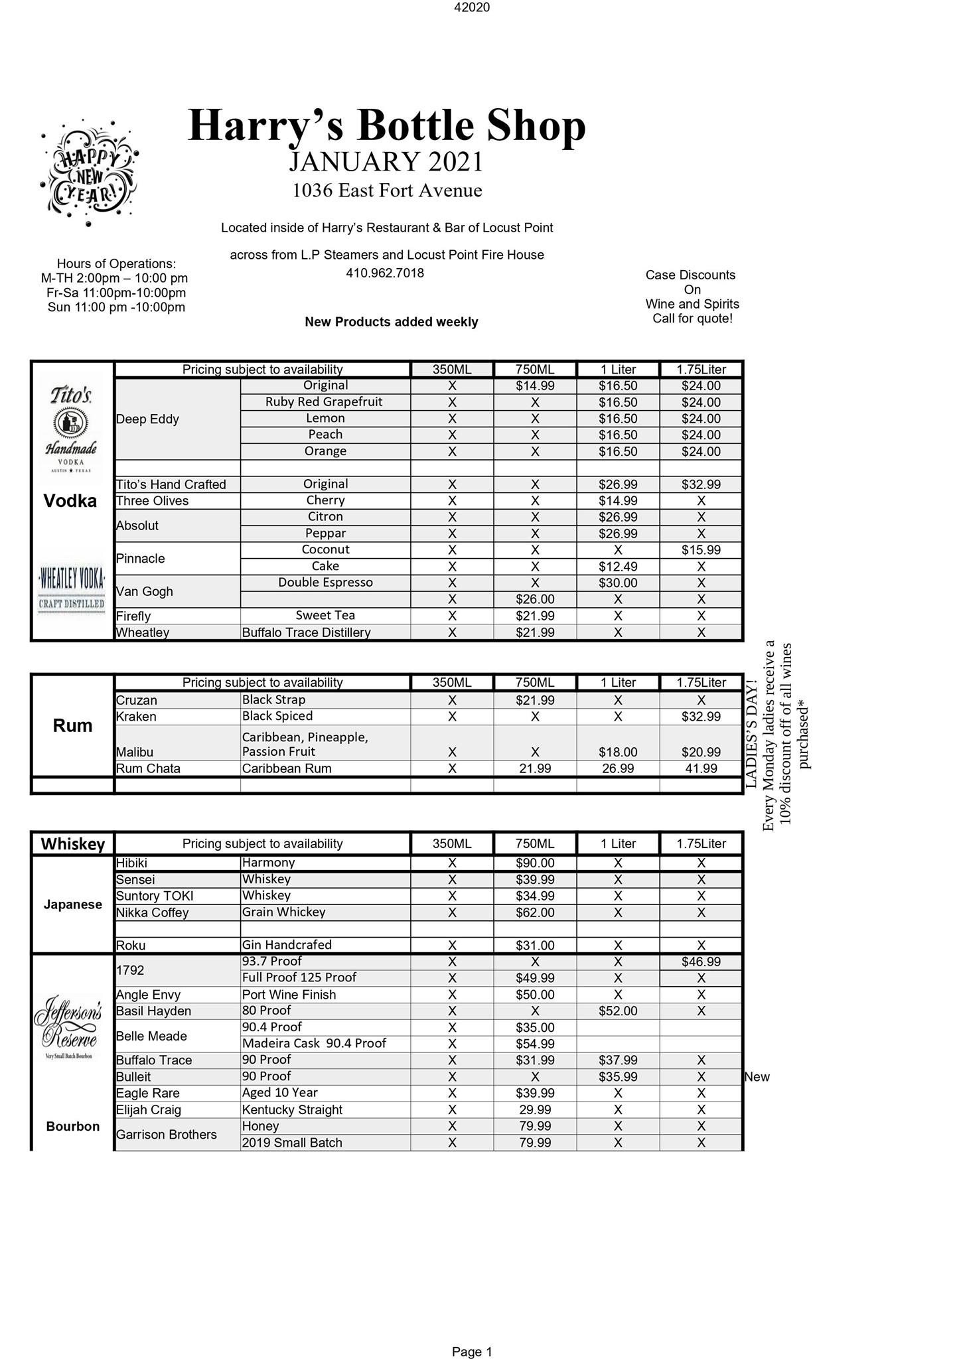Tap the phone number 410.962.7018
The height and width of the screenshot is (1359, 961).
pos(385,273)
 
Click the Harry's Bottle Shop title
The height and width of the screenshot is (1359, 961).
pos(387,125)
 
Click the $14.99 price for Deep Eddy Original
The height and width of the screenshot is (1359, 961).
pos(535,386)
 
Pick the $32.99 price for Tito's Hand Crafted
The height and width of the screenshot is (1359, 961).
pos(701,484)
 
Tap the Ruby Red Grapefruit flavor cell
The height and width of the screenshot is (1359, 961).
pos(325,402)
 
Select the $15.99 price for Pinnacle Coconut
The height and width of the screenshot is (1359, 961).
pos(701,550)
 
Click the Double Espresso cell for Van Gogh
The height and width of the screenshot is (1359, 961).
pos(325,583)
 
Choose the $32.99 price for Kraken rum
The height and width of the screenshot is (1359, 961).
pos(701,717)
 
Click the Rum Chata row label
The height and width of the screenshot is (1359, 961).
pos(148,768)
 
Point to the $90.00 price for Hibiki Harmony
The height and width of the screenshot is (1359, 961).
pos(535,863)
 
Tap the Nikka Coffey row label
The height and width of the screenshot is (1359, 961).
pos(152,912)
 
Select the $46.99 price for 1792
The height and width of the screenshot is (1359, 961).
pos(701,962)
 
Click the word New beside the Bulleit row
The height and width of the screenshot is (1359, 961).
pos(757,1077)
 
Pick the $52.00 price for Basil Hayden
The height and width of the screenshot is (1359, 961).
pos(618,1011)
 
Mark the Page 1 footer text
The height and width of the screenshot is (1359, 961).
pos(472,1333)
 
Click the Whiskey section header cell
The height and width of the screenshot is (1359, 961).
pos(73,844)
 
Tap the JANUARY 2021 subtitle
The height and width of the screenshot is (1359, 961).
pos(386,162)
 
